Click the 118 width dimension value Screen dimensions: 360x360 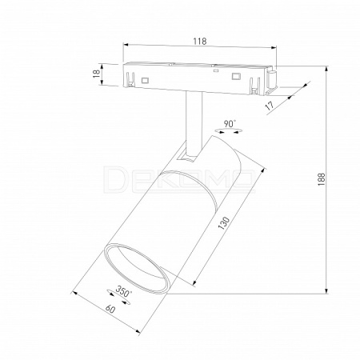click(200, 41)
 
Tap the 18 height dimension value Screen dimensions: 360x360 click(96, 74)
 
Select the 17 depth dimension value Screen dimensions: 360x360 click(270, 106)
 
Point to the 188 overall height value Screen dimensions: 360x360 click(322, 179)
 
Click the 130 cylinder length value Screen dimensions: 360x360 click(223, 223)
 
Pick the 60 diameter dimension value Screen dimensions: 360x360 click(110, 309)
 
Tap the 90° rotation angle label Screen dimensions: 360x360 click(230, 124)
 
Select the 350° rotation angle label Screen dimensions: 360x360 click(124, 291)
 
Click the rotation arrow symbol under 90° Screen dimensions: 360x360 click(229, 131)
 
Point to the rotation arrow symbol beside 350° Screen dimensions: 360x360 click(118, 297)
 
